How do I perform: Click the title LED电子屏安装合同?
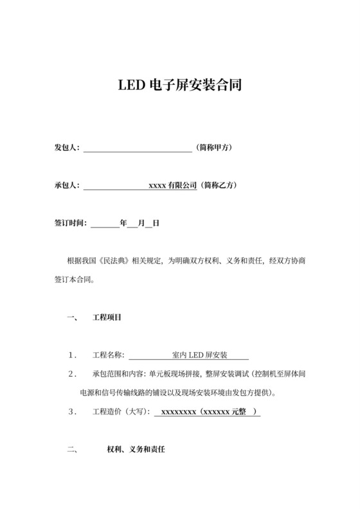(x=179, y=84)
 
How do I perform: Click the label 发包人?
(x=66, y=148)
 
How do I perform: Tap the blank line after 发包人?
(x=138, y=148)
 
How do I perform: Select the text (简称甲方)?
(x=215, y=148)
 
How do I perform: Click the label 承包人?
(x=66, y=186)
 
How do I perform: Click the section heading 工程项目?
(x=107, y=317)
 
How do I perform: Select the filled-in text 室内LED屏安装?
(x=197, y=355)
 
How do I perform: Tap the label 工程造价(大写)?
(x=121, y=411)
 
